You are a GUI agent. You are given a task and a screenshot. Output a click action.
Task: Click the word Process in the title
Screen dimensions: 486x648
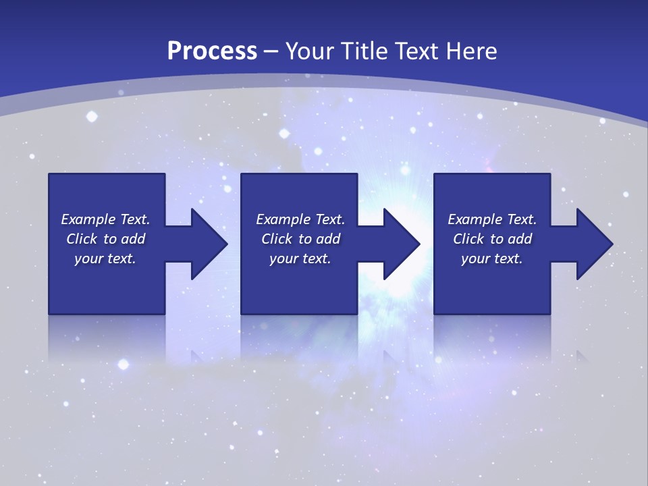[212, 51]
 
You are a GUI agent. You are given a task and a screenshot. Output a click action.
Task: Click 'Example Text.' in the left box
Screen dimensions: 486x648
[105, 219]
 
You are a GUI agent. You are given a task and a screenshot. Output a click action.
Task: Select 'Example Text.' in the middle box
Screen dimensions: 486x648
[300, 219]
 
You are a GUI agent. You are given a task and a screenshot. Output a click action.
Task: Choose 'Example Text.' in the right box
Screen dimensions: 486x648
[492, 219]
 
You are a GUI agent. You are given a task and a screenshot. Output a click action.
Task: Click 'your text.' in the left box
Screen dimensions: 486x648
[105, 259]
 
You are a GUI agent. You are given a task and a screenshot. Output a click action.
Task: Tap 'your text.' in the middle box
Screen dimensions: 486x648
[300, 259]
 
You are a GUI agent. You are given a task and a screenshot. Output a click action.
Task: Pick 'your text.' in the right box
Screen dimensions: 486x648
[492, 259]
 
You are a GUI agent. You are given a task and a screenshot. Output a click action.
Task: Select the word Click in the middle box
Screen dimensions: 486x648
[277, 239]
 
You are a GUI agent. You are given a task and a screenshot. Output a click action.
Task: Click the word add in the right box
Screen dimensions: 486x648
[520, 239]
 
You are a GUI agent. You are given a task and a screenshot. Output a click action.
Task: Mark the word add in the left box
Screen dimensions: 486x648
[134, 239]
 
